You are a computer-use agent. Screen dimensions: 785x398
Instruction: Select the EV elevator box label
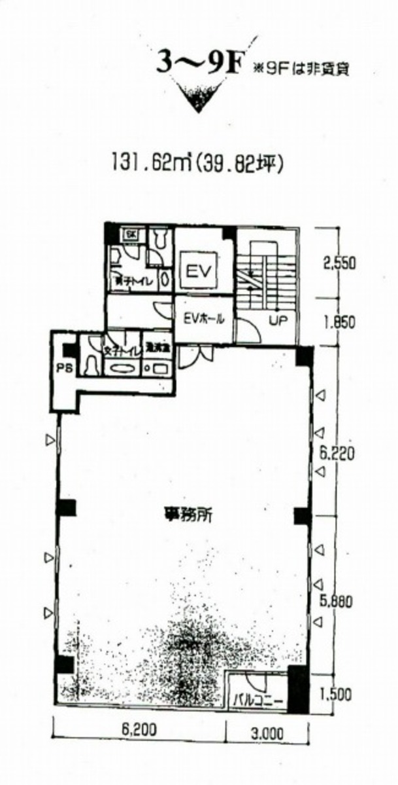198,270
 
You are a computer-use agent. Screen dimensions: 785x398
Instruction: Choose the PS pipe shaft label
63,367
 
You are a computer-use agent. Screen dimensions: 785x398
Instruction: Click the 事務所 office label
182,513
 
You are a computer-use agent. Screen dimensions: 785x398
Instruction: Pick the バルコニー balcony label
258,701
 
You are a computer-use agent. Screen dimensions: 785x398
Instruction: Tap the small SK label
131,234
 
